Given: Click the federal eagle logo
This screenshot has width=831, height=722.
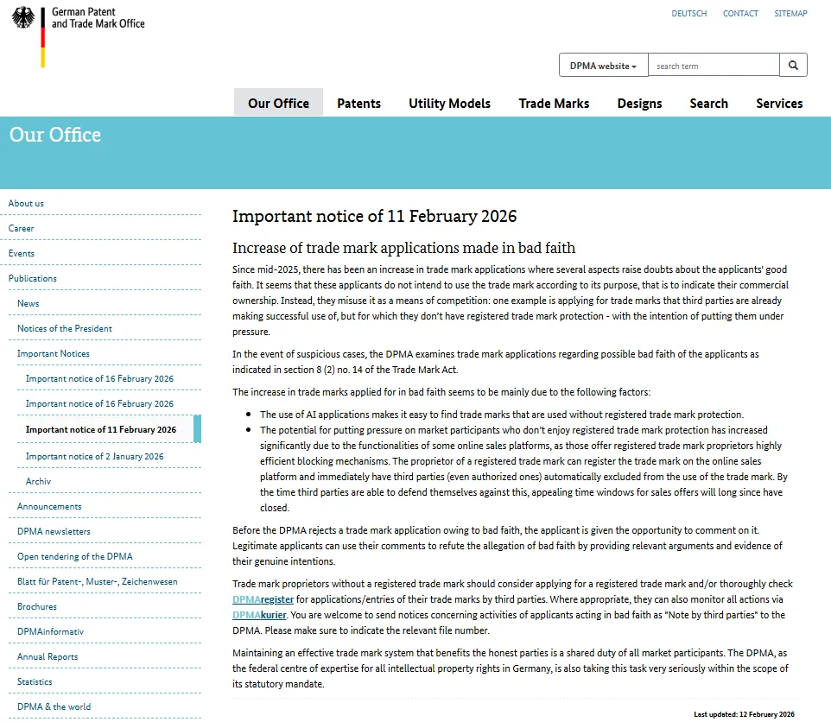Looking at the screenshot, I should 23,18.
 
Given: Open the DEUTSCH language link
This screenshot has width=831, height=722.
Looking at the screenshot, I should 688,14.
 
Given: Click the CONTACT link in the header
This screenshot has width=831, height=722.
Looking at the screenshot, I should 740,14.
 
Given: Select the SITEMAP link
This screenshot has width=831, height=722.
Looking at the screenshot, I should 790,14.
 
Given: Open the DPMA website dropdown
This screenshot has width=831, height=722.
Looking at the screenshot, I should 604,66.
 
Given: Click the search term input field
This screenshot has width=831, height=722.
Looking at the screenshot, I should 714,66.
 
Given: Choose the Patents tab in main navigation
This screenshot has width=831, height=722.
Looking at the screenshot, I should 358,103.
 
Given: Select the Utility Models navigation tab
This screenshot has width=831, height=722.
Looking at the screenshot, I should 449,103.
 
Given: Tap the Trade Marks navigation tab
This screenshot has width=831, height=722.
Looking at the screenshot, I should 554,103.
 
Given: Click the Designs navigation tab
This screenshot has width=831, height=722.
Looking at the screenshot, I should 639,103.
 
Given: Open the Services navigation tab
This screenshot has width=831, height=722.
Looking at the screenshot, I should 779,103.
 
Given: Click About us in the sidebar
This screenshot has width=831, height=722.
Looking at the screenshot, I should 26,203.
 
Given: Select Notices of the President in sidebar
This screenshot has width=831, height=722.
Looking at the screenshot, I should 65,328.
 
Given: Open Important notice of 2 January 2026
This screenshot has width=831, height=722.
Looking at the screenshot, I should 94,456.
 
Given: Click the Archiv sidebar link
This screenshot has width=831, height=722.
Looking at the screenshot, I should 38,481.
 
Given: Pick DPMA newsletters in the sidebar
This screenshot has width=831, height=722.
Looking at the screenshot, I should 54,531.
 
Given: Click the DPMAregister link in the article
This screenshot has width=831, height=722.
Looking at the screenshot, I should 263,599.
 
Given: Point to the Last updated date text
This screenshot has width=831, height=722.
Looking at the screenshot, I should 744,714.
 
